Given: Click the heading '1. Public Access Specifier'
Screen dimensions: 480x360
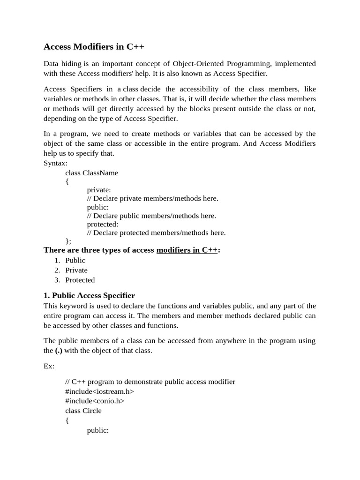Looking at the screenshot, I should tap(89, 295).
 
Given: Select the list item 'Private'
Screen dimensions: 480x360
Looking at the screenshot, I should tap(76, 270).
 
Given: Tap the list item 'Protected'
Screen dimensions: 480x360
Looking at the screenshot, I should tap(80, 280).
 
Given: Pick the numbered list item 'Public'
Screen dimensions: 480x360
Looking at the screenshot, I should tap(75, 260).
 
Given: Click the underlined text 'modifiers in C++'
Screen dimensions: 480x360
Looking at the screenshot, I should tap(187, 250).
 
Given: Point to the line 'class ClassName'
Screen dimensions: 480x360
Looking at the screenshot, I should tap(91, 172).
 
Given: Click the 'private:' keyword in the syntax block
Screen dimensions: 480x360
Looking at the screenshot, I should tap(99, 190).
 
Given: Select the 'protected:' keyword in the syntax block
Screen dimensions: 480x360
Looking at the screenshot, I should tap(103, 224).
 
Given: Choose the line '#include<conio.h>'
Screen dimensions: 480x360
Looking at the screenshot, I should tap(95, 401).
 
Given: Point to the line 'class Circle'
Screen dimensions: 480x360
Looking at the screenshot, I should tap(83, 411).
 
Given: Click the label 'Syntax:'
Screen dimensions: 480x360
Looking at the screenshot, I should tap(55, 163).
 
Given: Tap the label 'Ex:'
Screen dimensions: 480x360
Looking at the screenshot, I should tap(49, 366).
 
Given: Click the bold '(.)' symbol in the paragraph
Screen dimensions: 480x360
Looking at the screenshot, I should tap(59, 351).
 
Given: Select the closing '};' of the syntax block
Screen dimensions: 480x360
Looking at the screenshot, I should tap(68, 241).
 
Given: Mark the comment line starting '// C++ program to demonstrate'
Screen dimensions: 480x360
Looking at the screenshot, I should tap(150, 382).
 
